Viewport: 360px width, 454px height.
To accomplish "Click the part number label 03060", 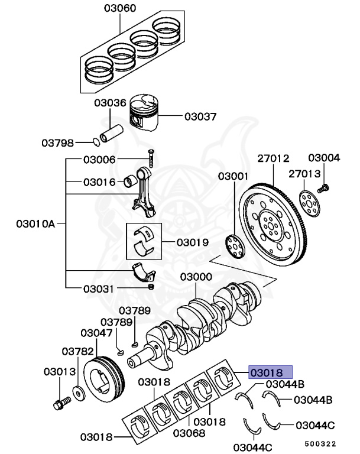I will [120, 9].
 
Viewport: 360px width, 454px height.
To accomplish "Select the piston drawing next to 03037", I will [147, 115].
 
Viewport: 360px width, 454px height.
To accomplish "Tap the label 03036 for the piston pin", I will [109, 103].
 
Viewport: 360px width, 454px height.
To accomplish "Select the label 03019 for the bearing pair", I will [192, 242].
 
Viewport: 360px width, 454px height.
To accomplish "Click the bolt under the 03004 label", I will [323, 189].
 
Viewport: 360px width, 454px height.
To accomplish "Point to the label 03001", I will [233, 176].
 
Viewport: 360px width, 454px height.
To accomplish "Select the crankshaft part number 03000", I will [196, 277].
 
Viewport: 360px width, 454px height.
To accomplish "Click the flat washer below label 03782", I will [78, 392].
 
